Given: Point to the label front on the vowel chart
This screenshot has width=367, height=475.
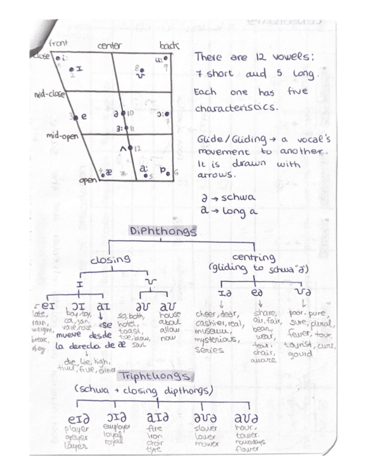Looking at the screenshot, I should [x=58, y=43].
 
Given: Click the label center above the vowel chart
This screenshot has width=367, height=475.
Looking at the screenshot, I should [x=110, y=46].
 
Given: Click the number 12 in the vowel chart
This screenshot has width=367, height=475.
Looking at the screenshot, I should [x=137, y=148].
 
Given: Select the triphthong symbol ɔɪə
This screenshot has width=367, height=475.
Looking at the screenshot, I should [x=117, y=418].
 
